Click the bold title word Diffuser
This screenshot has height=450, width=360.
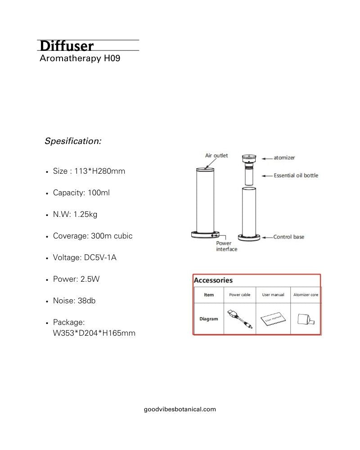67,46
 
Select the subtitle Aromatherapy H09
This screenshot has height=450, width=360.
80,58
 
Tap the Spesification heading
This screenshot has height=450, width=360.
73,141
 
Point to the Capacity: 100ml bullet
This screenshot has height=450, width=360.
81,193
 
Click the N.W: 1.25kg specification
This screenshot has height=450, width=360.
75,214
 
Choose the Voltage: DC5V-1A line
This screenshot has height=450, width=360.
85,257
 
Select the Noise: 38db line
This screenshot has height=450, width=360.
74,301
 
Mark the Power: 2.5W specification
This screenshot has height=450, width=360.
76,279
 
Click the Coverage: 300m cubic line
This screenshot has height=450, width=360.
93,236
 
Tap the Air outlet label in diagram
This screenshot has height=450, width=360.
216,156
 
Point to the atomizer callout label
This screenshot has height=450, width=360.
284,158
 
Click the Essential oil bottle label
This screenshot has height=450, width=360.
296,175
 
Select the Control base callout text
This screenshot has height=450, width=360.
289,237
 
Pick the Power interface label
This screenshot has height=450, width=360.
226,246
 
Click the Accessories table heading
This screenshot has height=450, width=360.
213,280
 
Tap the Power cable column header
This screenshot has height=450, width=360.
239,295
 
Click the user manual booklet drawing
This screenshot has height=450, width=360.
272,319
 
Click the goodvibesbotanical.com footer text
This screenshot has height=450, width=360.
180,409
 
